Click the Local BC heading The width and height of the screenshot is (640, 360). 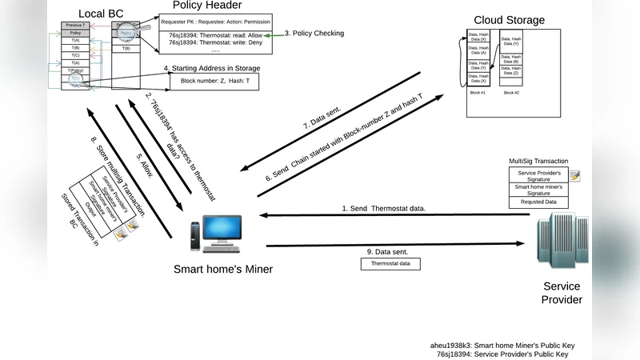(x=100, y=14)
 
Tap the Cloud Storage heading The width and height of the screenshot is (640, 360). (x=510, y=20)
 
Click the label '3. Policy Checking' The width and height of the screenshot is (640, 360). (x=315, y=34)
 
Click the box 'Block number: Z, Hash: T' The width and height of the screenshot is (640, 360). (x=215, y=82)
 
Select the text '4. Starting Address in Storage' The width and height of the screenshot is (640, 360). (x=211, y=68)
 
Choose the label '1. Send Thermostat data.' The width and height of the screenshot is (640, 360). (x=384, y=209)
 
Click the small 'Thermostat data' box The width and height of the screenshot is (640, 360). (x=390, y=262)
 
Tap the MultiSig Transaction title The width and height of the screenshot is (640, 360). (x=539, y=161)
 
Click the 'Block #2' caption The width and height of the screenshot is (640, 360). (x=511, y=93)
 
